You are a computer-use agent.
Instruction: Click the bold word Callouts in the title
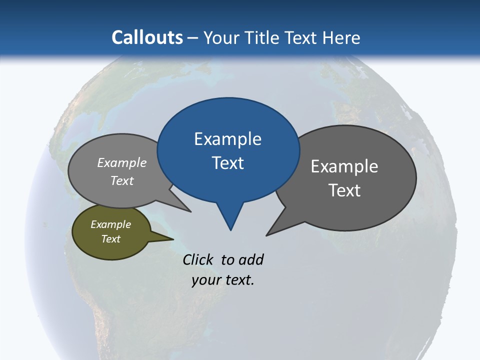[147, 37]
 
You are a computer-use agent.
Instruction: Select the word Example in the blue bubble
[227, 139]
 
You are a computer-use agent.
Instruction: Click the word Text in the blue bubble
[227, 163]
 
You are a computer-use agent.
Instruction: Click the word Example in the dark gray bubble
[344, 166]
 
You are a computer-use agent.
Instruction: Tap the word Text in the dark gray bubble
[344, 190]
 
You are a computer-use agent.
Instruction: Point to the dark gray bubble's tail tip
[267, 234]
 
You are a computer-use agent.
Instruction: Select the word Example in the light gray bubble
[122, 163]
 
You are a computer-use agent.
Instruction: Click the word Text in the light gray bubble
[122, 181]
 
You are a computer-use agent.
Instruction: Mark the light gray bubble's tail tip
[190, 211]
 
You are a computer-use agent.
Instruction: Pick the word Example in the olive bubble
[110, 224]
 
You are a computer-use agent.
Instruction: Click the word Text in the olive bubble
[110, 239]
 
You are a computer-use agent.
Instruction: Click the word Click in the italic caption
[198, 259]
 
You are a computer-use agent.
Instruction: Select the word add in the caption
[250, 259]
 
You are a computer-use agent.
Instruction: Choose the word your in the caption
[205, 280]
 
